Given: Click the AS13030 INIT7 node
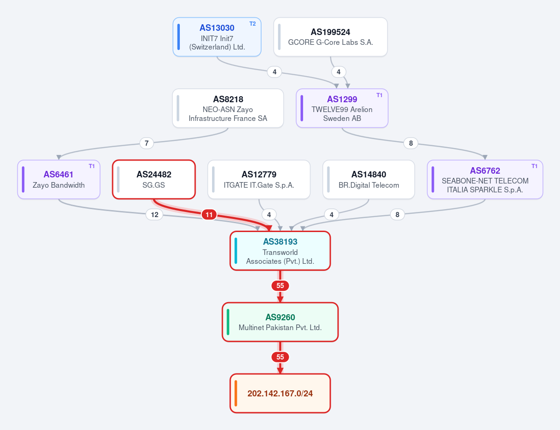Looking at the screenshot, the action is click(x=217, y=37).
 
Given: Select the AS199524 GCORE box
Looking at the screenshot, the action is click(x=330, y=37).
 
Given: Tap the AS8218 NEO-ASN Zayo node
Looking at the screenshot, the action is click(x=228, y=108).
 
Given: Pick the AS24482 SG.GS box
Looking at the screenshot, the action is click(x=154, y=179).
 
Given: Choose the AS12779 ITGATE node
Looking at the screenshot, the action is click(x=259, y=179).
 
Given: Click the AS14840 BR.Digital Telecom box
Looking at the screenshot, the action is click(x=369, y=179).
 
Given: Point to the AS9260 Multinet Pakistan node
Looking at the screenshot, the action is click(x=280, y=322).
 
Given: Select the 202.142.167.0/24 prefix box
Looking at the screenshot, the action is click(x=280, y=393).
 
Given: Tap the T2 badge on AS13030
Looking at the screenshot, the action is click(x=253, y=24).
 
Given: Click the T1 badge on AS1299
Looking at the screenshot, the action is click(x=379, y=95).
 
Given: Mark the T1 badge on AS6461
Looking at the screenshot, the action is click(x=92, y=166).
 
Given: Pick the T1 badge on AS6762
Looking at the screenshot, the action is click(x=534, y=166).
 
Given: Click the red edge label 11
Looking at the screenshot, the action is click(x=209, y=215).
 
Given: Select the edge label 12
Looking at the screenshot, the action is click(x=155, y=215).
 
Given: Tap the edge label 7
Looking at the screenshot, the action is click(x=147, y=143).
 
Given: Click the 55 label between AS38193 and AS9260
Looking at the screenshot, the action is click(x=280, y=286).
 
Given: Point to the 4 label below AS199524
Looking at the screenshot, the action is click(x=339, y=72).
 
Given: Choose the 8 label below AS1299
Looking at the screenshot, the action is click(x=411, y=143).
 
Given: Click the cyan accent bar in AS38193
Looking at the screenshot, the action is click(x=236, y=251).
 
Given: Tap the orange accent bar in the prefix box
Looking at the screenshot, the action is click(x=236, y=393).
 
